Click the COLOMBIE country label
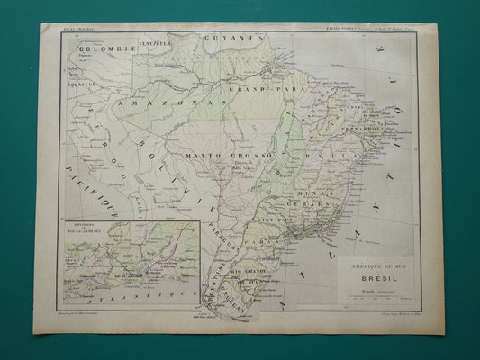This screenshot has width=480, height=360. pos(94,48)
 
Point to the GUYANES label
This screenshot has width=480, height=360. pos(226,40)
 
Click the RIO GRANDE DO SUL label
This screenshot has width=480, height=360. pos(248,274)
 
